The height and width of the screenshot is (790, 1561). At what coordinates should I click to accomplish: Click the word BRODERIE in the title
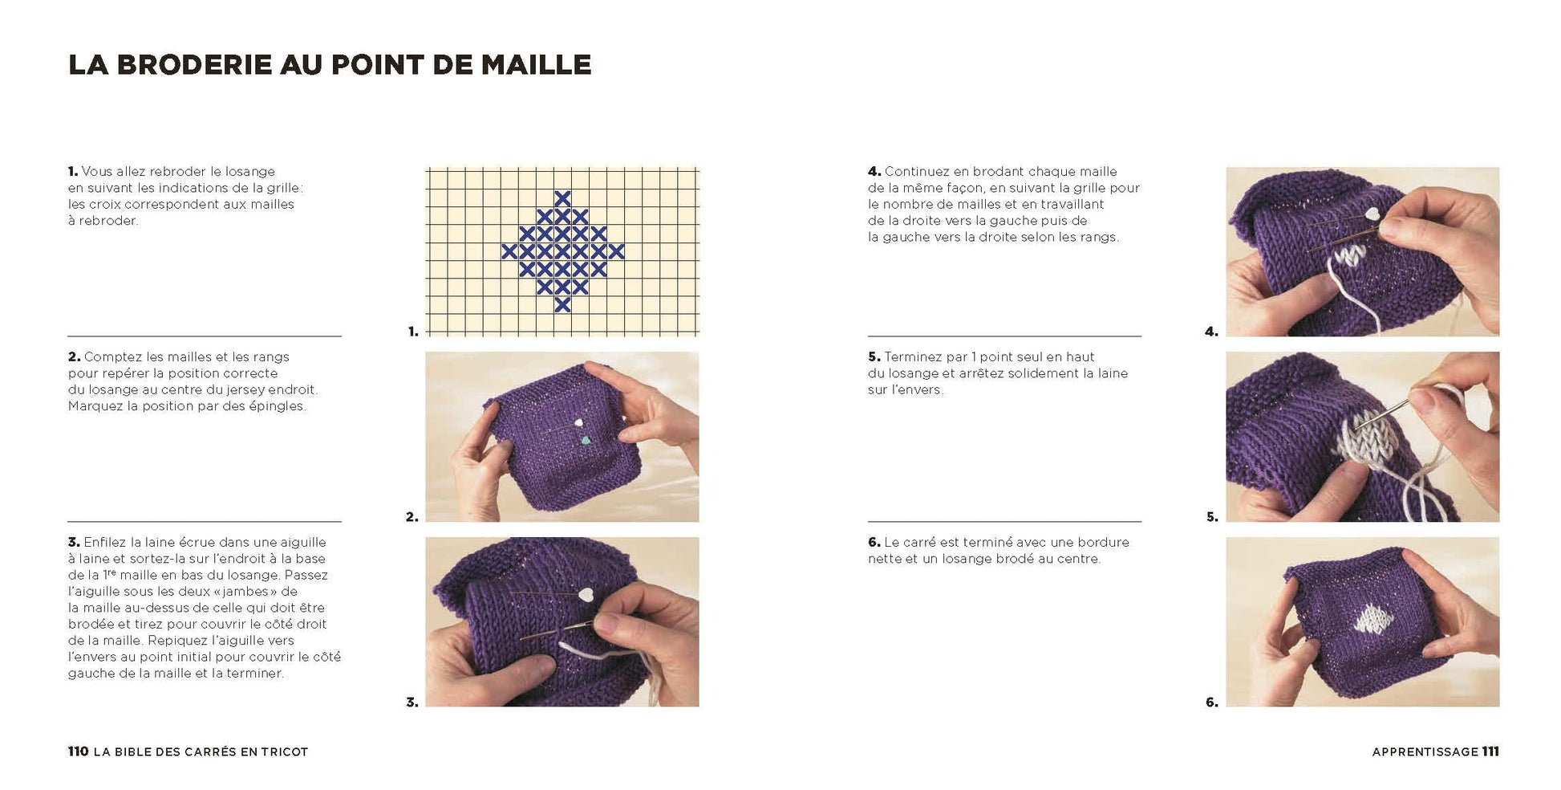194,65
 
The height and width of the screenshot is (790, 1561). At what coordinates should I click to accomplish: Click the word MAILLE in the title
536,65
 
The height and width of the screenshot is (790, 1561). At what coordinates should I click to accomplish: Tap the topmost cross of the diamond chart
562,198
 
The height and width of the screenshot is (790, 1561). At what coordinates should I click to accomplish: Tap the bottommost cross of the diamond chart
562,304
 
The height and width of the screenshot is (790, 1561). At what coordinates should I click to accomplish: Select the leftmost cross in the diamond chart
509,251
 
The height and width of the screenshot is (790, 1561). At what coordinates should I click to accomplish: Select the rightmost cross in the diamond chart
615,251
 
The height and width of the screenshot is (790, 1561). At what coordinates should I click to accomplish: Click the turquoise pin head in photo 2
586,440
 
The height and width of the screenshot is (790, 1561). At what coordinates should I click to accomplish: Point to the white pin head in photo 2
577,423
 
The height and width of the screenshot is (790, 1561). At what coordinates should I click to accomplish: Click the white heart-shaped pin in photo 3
586,595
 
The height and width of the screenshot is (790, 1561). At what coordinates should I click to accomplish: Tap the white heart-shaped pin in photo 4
1373,215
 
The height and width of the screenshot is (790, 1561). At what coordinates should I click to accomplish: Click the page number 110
78,751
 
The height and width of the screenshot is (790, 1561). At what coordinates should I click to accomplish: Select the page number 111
1490,751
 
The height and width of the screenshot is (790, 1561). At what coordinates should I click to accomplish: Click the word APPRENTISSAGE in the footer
1425,752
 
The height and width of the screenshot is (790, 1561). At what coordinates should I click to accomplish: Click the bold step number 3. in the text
74,543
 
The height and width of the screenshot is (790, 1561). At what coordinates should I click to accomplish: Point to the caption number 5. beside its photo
1212,517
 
